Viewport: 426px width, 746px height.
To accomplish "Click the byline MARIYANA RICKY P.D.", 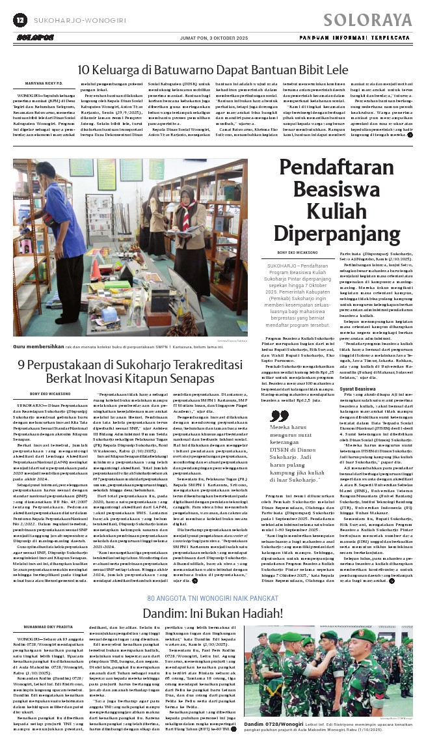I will [x=44, y=83].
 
